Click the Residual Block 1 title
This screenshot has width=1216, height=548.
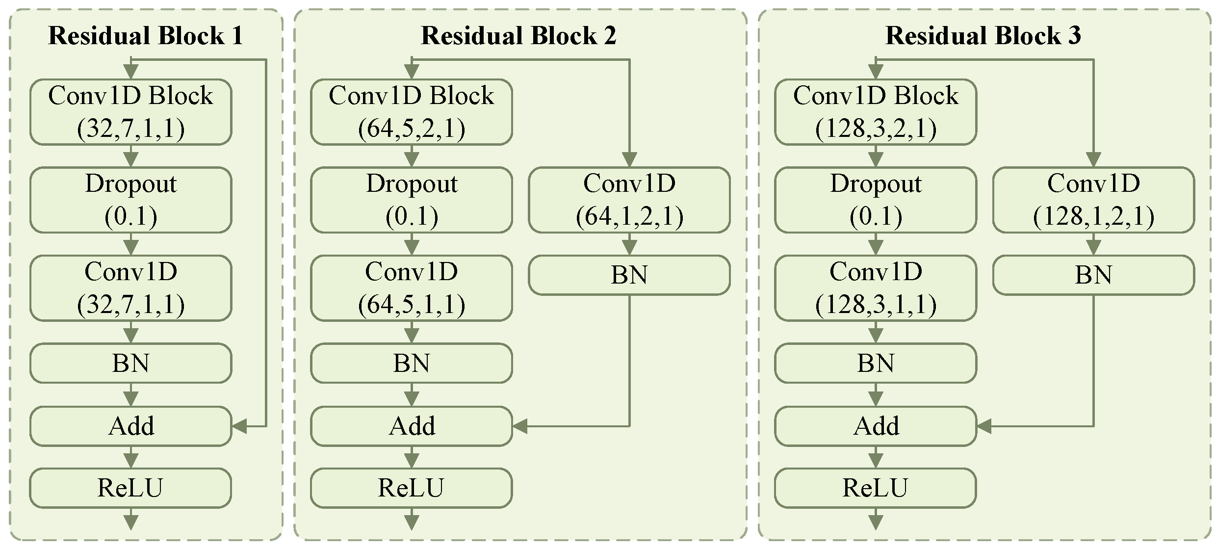[146, 36]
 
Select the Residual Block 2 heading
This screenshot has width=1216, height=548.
[518, 36]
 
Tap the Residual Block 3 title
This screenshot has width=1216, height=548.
[983, 36]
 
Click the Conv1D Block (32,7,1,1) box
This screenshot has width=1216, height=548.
[130, 112]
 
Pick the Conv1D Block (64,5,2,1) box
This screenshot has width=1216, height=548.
[412, 112]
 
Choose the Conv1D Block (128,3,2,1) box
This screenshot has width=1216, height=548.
[876, 112]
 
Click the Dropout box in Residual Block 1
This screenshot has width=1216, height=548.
[130, 200]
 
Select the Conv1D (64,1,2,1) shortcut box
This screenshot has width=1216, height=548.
[629, 200]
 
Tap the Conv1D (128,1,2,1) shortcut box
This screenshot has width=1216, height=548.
[1094, 200]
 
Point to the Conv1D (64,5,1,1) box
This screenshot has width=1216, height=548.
[412, 288]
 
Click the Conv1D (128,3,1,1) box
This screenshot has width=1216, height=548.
[876, 288]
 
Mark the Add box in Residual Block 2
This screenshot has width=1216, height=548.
[412, 426]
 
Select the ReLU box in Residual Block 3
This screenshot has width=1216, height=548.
[876, 488]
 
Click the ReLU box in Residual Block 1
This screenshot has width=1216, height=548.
[130, 488]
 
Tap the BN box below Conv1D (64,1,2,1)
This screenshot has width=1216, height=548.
[629, 275]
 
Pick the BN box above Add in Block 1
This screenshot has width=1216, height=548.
[130, 363]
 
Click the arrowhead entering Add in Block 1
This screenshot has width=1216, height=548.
[240, 426]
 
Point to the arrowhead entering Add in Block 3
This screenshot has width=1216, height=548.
[984, 426]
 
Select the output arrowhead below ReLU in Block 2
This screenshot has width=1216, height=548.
[412, 522]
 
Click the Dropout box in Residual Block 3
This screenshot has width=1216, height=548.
[876, 200]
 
